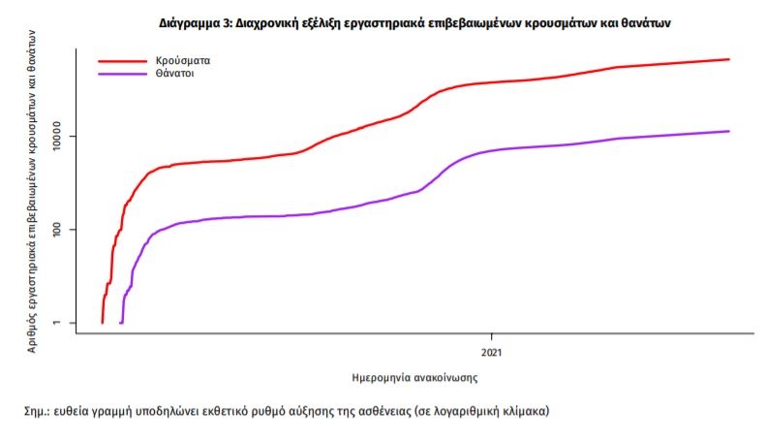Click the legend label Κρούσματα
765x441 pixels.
coord(183,60)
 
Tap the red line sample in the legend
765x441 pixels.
coord(122,61)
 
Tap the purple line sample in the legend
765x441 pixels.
coord(122,74)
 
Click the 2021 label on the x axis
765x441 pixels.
coord(494,350)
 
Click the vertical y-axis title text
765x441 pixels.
coord(32,190)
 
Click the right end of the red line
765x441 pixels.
coord(728,59)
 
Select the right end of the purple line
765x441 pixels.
coord(728,131)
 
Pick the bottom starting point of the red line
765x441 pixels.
coord(102,322)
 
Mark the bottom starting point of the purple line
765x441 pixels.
coord(120,322)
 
